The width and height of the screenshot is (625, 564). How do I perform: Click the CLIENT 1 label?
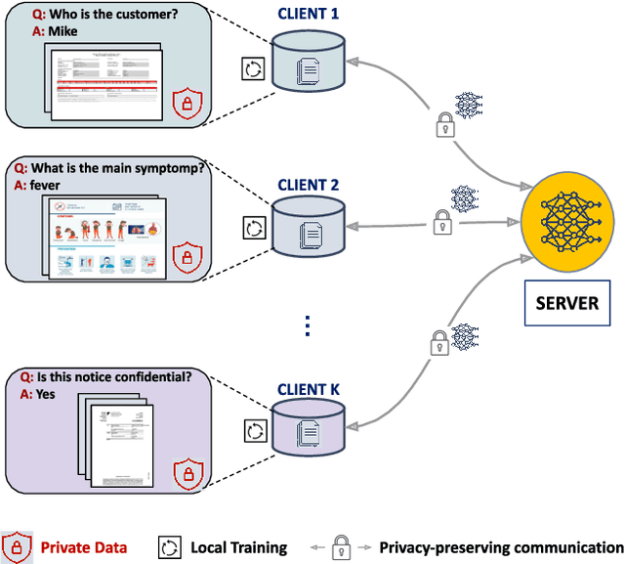click(307, 15)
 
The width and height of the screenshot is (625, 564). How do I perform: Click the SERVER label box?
click(567, 303)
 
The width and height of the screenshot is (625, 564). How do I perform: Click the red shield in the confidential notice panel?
click(186, 475)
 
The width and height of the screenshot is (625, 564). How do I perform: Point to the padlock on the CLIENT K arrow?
click(436, 343)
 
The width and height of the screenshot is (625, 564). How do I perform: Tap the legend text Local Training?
click(238, 547)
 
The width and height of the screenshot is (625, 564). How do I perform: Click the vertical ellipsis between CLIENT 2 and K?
click(307, 326)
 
